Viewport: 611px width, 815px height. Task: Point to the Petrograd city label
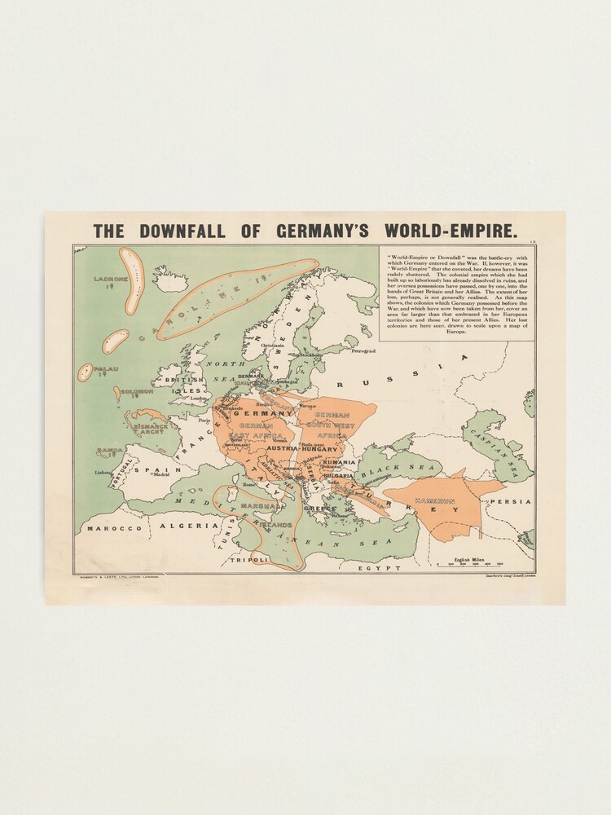coord(364,351)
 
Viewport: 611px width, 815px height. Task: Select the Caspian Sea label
coord(499,449)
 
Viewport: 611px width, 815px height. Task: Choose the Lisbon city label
coord(103,473)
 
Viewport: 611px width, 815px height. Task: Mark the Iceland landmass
coord(170,280)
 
